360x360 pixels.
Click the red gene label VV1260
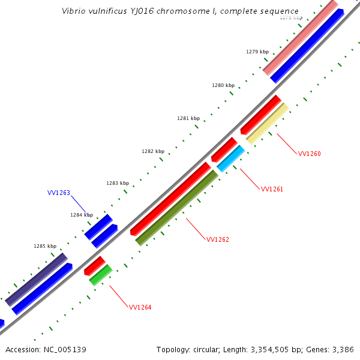point(309,154)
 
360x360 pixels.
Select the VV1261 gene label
point(272,189)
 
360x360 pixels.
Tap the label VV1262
point(218,239)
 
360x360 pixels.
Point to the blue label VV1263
point(59,193)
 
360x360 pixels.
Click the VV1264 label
point(140,307)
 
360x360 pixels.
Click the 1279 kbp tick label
point(257,52)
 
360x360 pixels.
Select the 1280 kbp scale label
point(223,85)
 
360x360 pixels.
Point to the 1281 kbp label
point(188,118)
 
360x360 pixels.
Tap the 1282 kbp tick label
point(153,151)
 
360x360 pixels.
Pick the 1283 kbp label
point(118,183)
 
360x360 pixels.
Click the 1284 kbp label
point(82,215)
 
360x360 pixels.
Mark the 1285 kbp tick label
point(45,246)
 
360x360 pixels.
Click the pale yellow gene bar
point(268,124)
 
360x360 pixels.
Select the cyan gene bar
point(231,158)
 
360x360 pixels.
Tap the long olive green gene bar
point(177,208)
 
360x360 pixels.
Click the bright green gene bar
point(101,275)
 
